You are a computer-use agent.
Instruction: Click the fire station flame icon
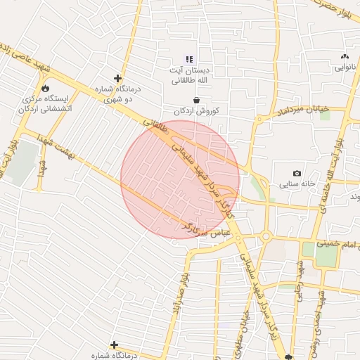point(46,89)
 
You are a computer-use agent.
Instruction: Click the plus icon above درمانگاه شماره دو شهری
point(117,78)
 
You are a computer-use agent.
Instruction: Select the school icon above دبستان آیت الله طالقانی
point(188,58)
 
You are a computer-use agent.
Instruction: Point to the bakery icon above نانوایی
point(344,56)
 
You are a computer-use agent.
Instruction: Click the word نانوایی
point(345,67)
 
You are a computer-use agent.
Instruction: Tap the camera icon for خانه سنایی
point(297,173)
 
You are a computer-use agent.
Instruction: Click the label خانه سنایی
point(306,184)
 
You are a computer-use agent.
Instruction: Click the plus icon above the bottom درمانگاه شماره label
point(114,345)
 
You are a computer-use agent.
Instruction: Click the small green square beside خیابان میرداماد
point(325,115)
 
